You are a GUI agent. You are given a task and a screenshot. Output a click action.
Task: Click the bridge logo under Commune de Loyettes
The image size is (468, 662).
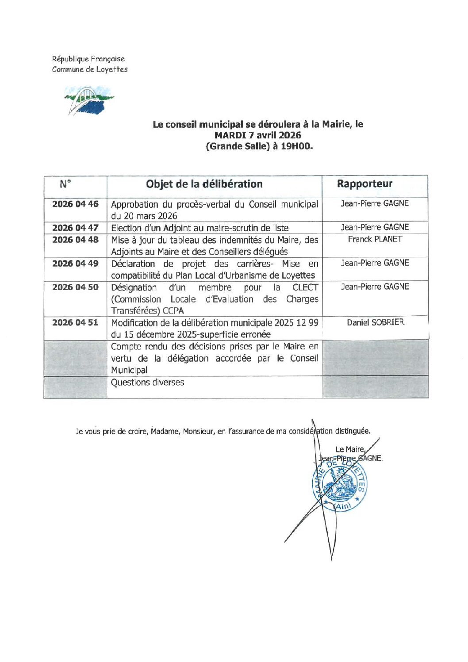click(88, 100)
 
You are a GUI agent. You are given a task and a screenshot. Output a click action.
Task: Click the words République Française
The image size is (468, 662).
click(88, 59)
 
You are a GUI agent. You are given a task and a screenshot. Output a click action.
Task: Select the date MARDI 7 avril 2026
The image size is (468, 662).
click(257, 135)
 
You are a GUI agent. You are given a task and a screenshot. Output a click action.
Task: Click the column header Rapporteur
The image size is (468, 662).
click(364, 184)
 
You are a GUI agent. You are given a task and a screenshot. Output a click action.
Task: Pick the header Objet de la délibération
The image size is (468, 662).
click(204, 184)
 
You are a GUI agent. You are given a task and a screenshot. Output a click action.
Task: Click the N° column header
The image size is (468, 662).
click(65, 184)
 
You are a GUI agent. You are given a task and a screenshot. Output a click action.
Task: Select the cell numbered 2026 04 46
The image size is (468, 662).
click(75, 204)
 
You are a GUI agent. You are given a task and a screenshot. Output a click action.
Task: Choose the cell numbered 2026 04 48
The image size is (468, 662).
click(75, 240)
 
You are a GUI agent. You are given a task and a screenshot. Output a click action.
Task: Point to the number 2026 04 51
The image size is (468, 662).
click(75, 323)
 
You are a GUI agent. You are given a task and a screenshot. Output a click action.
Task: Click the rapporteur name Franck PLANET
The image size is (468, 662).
click(375, 239)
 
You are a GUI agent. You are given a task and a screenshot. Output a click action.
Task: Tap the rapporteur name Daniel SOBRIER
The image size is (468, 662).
click(375, 322)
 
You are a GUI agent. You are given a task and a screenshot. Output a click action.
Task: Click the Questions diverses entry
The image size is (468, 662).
click(147, 383)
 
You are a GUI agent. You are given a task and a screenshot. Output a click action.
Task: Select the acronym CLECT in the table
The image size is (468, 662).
click(305, 287)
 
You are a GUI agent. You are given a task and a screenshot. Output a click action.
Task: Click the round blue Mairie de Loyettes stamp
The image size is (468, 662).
click(340, 486)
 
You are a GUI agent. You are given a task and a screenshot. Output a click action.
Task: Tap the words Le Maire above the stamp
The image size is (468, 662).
click(349, 449)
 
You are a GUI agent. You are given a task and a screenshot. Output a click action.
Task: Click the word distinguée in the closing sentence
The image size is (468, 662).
click(352, 431)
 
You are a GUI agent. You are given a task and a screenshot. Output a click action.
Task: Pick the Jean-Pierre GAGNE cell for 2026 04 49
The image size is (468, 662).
click(375, 263)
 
